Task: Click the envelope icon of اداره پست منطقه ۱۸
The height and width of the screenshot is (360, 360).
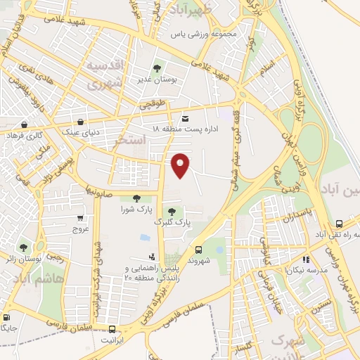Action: pos(185,119)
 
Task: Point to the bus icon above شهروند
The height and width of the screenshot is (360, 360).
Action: pos(198,249)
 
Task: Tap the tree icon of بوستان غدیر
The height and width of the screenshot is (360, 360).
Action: pos(157,68)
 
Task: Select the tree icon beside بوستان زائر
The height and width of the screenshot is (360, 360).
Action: pos(25,247)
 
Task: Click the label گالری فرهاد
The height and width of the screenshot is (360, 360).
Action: pos(25,134)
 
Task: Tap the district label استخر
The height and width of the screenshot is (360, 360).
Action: pos(129,141)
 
